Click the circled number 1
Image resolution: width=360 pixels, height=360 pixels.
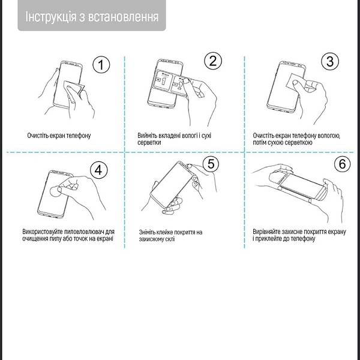[102, 65]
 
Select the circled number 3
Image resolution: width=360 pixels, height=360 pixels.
[329, 61]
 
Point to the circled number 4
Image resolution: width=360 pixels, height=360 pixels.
[100, 170]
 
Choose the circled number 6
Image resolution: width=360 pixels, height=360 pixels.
[341, 164]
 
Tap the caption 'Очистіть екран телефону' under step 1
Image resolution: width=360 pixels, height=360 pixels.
[59, 136]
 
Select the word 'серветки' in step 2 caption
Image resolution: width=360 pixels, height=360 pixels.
[149, 143]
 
